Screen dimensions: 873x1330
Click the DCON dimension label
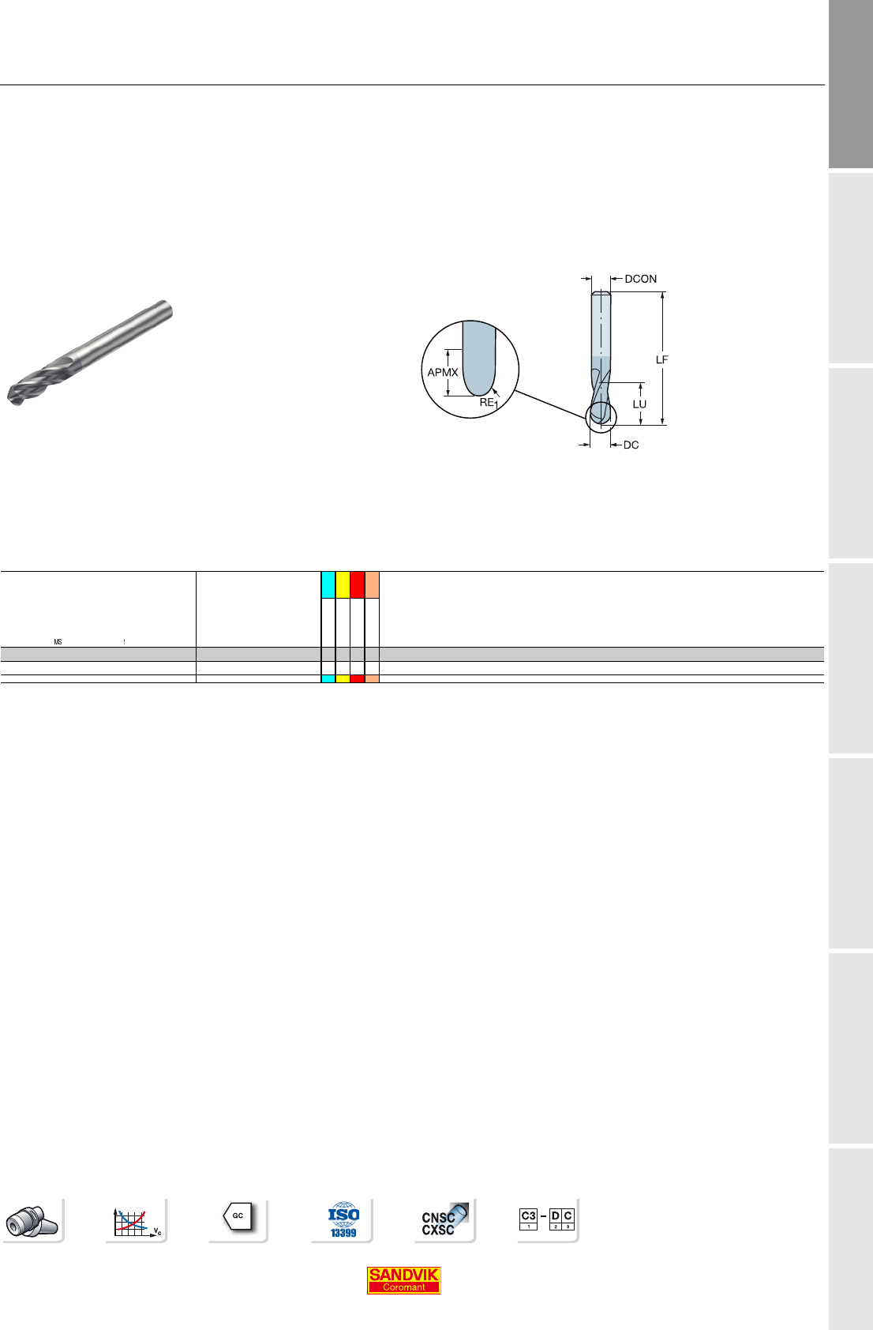coord(640,279)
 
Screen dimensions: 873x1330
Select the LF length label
coord(661,360)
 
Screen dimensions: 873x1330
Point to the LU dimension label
coord(639,404)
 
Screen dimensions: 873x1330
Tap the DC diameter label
coord(631,445)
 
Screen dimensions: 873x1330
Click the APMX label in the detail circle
coord(443,372)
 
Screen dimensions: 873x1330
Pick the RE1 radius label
coord(489,403)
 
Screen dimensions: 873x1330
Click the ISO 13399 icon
coord(343,1220)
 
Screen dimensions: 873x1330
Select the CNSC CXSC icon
coord(444,1220)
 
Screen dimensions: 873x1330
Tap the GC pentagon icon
coord(238,1216)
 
